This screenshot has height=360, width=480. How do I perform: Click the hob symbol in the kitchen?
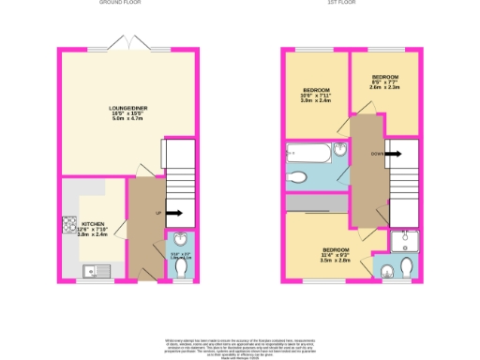69,224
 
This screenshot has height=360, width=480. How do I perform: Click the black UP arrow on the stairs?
174,214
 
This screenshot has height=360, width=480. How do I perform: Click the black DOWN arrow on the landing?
392,153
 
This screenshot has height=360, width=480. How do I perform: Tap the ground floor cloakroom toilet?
181,267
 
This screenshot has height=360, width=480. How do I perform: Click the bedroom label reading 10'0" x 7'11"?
316,95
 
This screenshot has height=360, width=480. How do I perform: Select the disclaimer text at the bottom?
240,344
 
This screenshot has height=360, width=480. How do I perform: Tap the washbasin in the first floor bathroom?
339,153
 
